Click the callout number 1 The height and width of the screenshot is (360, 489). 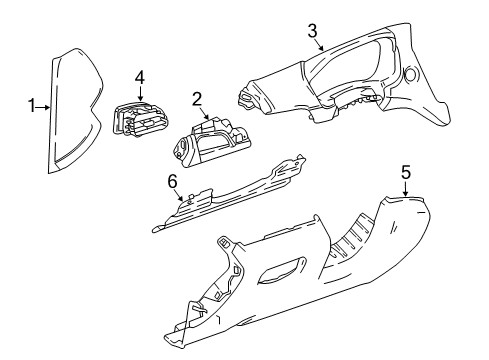[x=32, y=104]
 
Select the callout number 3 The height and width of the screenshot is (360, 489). [x=313, y=33]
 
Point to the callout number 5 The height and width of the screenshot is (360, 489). [x=405, y=173]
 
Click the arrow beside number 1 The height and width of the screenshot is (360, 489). [x=44, y=104]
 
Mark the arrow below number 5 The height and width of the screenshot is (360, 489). [x=405, y=190]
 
